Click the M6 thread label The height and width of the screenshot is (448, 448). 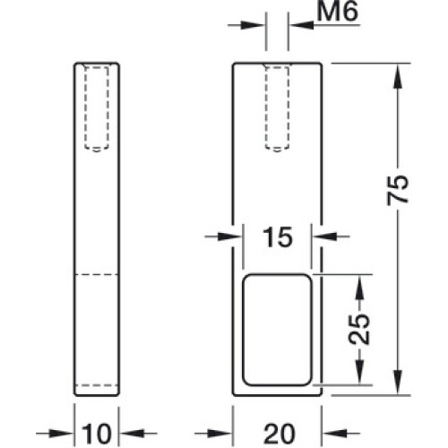[x=337, y=12]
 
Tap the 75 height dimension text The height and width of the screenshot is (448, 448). [x=398, y=190]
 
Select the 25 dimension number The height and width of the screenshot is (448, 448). [x=359, y=329]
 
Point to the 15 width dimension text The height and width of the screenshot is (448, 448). [x=278, y=237]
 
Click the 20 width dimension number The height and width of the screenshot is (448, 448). [x=279, y=434]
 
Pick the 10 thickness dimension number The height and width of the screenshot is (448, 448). [x=96, y=434]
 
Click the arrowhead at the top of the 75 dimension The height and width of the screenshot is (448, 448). [x=397, y=76]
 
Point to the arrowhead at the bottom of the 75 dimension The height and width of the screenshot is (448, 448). [x=397, y=383]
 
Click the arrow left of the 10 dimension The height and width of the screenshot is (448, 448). [x=55, y=433]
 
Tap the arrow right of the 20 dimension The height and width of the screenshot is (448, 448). [x=340, y=433]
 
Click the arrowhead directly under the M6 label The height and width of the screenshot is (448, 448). [x=302, y=25]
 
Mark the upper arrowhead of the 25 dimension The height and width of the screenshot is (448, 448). [x=359, y=287]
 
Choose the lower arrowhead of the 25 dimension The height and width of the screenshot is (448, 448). [x=359, y=372]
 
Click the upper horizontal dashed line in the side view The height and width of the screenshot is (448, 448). [x=97, y=274]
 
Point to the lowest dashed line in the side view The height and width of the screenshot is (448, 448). [x=97, y=385]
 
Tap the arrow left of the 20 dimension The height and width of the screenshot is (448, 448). [x=213, y=433]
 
